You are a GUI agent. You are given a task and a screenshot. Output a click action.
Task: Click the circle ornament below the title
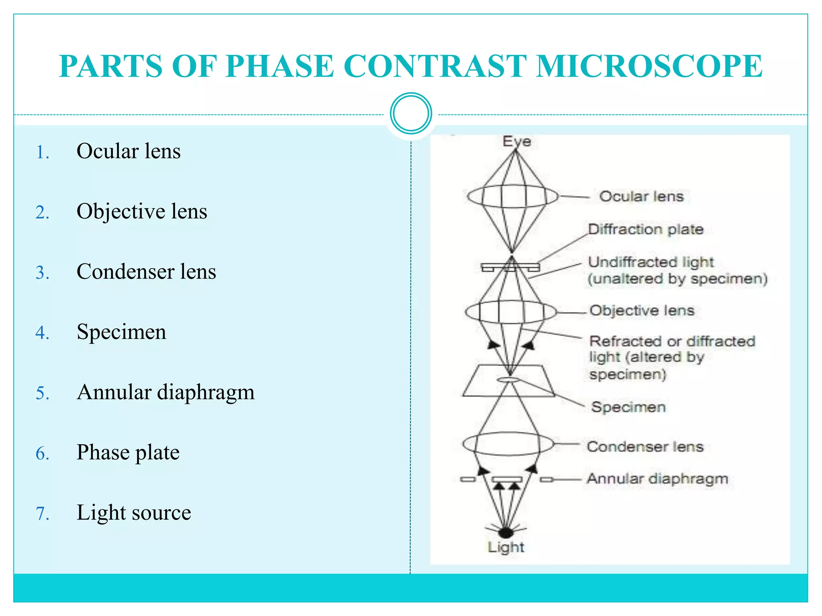411,113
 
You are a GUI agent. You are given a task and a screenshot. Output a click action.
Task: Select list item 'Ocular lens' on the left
128,151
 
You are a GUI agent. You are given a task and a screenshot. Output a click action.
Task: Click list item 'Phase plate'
128,452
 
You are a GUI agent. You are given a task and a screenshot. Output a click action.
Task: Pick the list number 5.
42,393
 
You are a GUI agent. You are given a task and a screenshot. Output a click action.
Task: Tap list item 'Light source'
134,513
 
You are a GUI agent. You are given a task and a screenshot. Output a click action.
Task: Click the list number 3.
42,273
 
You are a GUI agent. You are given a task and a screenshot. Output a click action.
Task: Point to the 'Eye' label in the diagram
517,141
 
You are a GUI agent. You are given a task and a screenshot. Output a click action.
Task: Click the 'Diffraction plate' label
645,229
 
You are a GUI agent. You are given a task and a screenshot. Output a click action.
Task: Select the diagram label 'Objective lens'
641,310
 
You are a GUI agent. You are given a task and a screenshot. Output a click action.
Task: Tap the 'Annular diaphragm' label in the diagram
657,478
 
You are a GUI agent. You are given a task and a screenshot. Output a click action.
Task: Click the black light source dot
506,533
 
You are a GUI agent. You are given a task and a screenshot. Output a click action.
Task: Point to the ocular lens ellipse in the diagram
513,197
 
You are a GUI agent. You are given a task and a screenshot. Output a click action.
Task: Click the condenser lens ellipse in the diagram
508,444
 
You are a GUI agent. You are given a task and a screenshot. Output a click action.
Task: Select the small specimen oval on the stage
509,379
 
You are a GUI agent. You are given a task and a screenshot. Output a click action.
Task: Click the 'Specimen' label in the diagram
628,407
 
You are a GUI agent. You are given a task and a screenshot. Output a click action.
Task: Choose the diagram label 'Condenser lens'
645,447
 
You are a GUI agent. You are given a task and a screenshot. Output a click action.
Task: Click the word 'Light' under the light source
506,547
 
